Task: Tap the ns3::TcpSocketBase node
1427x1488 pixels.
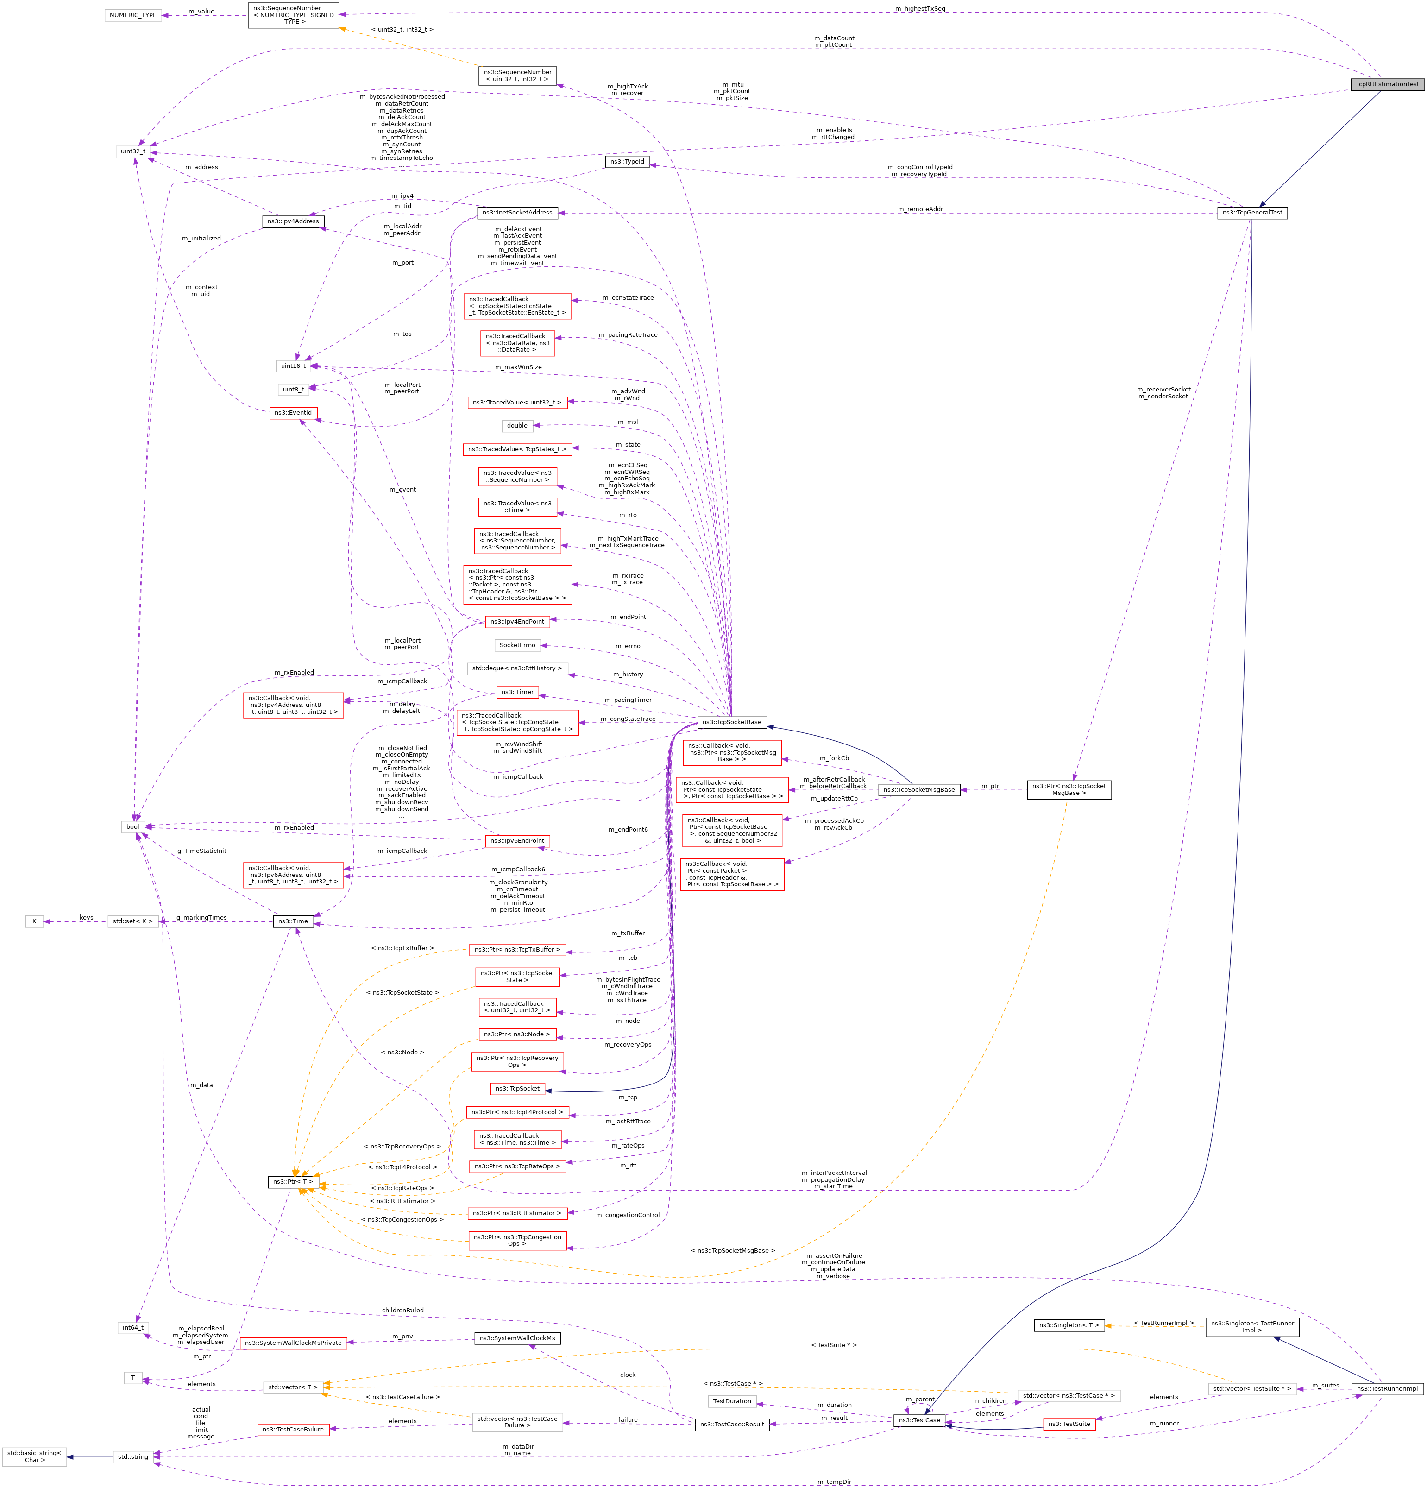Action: tap(732, 722)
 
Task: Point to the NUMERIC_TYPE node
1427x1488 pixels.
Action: tap(133, 15)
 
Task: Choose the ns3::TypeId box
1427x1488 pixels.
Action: tap(627, 162)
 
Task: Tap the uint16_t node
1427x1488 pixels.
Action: tap(293, 366)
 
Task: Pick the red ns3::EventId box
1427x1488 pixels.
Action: tap(293, 413)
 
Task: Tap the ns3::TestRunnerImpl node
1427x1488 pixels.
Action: tap(1387, 1388)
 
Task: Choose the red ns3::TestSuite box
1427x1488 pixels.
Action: tap(1069, 1424)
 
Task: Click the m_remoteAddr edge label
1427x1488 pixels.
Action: tap(919, 209)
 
